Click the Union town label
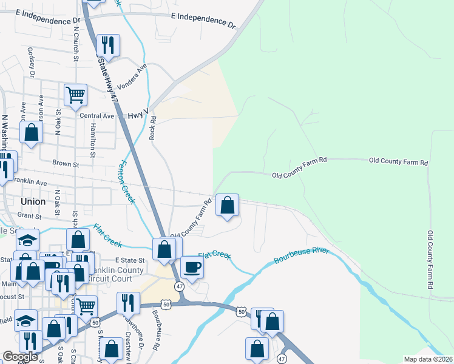click(33, 201)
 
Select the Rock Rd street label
click(153, 128)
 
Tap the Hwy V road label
click(138, 115)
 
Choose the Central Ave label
click(97, 116)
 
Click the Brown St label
click(66, 164)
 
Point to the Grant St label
click(29, 215)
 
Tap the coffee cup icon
click(192, 267)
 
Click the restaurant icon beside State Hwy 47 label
click(108, 45)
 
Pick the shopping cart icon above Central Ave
click(76, 95)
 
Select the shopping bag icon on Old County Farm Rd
click(227, 206)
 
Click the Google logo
click(20, 357)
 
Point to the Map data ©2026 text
click(429, 359)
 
